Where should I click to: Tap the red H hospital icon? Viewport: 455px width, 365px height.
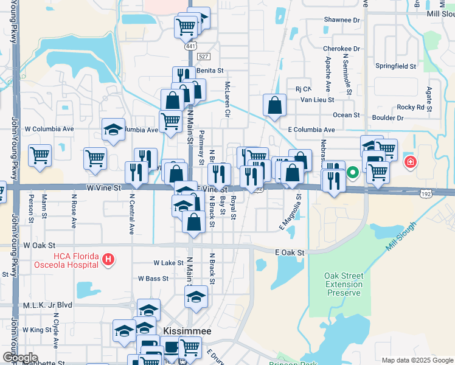pos(108,260)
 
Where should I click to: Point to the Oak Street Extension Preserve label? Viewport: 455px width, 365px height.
pos(344,284)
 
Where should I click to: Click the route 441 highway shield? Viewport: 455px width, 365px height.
pos(191,46)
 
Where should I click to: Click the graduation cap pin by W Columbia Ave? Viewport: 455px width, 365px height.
pos(113,129)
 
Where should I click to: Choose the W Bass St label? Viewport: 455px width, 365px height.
pos(153,278)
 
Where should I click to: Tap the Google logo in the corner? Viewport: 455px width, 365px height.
pos(20,358)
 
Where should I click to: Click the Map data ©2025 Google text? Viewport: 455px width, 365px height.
pos(417,360)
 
